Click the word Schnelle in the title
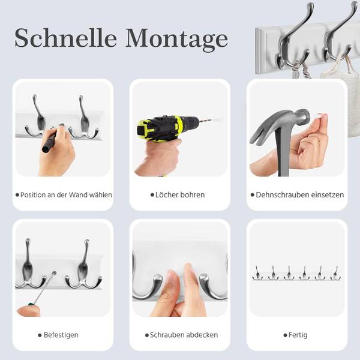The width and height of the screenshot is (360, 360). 65,38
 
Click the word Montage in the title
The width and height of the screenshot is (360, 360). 176,40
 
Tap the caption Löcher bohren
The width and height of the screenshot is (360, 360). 180,194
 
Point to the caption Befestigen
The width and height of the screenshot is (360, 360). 61,335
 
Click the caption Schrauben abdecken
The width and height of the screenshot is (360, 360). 184,335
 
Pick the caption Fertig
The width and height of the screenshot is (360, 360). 298,335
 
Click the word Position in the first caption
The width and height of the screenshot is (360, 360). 33,194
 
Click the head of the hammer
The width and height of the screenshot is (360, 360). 302,116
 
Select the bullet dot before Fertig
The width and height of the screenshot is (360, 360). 285,335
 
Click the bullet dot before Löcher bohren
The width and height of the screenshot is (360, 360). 152,195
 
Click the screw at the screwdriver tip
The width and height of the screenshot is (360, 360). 54,273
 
